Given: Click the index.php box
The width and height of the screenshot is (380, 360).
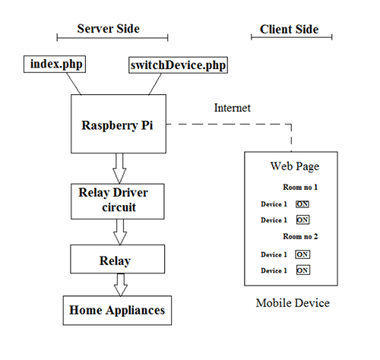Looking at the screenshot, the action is (x=55, y=65).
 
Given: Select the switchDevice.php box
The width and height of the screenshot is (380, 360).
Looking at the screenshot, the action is (x=178, y=65).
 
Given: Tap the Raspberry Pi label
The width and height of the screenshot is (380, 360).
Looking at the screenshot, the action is (x=117, y=125).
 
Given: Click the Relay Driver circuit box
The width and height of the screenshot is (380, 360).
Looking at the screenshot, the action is (x=118, y=201).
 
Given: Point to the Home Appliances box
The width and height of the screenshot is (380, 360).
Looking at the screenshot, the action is (x=117, y=311).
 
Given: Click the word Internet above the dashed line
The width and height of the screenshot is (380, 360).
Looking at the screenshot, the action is (x=233, y=108).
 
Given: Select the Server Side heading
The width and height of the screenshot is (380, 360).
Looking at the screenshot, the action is (x=109, y=29).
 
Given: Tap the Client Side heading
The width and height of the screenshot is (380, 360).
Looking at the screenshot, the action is (x=289, y=30).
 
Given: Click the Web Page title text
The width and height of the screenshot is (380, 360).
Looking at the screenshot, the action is (x=295, y=166).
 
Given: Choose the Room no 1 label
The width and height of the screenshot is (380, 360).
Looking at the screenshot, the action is (x=300, y=188).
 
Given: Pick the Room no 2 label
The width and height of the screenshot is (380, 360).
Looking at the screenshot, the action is (x=300, y=236).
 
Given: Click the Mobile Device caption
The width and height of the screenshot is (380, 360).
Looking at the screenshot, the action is (x=293, y=303).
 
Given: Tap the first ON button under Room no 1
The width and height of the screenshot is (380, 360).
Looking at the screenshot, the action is (x=302, y=204).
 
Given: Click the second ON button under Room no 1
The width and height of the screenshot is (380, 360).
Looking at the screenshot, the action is (x=302, y=219).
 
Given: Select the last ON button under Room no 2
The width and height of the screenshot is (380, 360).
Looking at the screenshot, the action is (x=303, y=270).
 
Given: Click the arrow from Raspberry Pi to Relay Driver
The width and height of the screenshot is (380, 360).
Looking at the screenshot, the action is (x=119, y=168).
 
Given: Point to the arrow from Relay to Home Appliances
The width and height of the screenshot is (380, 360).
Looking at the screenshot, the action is (x=121, y=285).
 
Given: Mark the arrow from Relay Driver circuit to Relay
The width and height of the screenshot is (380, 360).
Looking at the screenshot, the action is (x=120, y=232).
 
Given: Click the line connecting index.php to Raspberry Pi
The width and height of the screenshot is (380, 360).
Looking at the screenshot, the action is (x=74, y=84).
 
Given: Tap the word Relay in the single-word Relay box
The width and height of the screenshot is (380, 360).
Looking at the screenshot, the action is (x=115, y=261).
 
